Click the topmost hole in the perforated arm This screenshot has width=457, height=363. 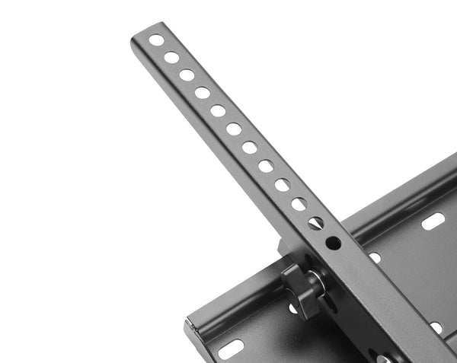[x=156, y=41]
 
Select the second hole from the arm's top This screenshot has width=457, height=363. [x=171, y=58]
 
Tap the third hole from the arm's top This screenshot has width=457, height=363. [x=187, y=75]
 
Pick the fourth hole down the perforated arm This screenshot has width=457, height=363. [x=203, y=93]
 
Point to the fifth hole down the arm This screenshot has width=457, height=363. [x=218, y=111]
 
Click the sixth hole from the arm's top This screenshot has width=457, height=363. [x=234, y=129]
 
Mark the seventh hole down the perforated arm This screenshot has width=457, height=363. [x=250, y=148]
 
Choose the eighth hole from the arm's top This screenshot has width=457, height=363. [x=266, y=166]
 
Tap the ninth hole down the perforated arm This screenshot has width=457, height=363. [x=283, y=185]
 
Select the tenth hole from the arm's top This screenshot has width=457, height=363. [x=299, y=204]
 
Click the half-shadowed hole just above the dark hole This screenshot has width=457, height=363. [x=316, y=223]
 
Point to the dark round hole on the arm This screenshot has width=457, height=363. [x=334, y=243]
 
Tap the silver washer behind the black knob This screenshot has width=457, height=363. [x=316, y=282]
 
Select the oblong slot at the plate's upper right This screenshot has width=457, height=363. [x=433, y=222]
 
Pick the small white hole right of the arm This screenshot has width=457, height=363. [x=375, y=258]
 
